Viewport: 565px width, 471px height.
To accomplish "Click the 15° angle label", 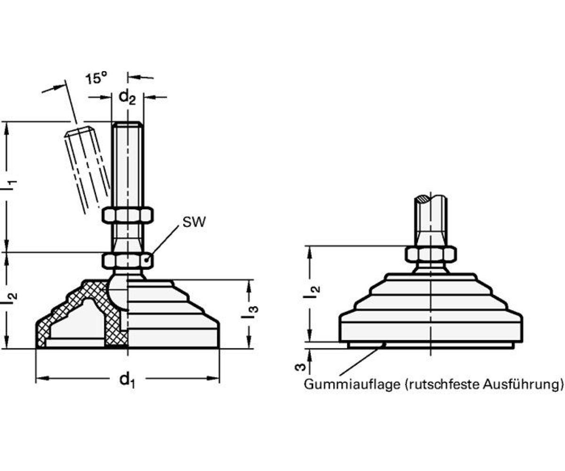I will point(97,78).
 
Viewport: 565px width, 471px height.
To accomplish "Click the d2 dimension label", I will point(127,97).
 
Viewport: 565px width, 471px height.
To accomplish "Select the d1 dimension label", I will point(126,379).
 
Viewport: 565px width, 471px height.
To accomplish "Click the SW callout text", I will point(194,222).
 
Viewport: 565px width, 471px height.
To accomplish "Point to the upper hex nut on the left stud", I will point(127,216).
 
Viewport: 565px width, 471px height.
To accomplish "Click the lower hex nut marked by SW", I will point(127,260).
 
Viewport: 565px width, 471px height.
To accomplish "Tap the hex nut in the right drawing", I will point(431,254).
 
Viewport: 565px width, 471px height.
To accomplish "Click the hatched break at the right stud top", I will point(423,199).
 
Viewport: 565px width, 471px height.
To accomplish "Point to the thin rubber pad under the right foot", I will point(430,345).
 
